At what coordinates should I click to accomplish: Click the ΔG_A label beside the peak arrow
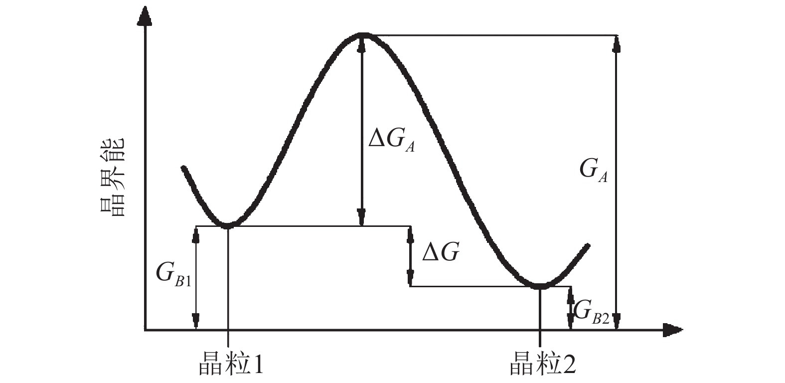[x=391, y=140]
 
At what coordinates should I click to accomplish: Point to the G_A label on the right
[x=593, y=171]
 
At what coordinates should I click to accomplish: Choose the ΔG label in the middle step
[x=440, y=253]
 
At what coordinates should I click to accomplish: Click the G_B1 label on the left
[x=173, y=273]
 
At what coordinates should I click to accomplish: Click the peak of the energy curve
[x=362, y=34]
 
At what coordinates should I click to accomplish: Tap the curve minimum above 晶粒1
[x=228, y=225]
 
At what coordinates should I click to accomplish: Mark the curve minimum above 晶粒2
[x=540, y=286]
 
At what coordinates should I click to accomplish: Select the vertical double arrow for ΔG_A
[x=362, y=131]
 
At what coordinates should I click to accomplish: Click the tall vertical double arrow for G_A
[x=617, y=182]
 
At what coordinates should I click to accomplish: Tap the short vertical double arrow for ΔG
[x=410, y=256]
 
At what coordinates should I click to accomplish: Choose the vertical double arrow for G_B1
[x=196, y=278]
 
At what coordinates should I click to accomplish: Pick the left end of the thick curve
[x=184, y=168]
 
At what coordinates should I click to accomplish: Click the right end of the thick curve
[x=588, y=245]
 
